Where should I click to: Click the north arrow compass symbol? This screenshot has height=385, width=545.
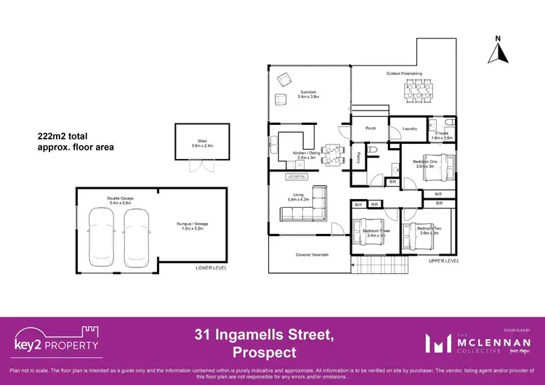[x=498, y=50]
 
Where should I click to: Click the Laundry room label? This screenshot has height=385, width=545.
[x=409, y=129]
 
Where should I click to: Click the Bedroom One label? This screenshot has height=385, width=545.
[x=424, y=163]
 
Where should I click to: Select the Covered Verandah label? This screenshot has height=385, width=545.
[x=312, y=255]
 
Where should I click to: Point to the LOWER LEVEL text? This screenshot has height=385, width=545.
[x=211, y=268]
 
